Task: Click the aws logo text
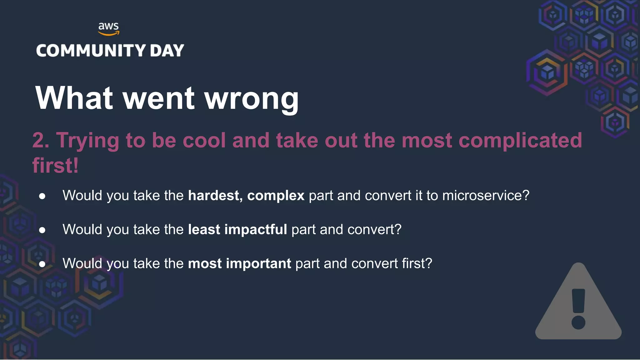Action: [x=108, y=26]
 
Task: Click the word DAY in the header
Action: [x=167, y=51]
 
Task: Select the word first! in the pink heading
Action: [x=55, y=165]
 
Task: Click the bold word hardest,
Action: [x=215, y=196]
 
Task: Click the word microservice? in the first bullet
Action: [x=486, y=196]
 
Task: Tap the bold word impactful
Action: [x=255, y=230]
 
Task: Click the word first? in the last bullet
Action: [x=417, y=263]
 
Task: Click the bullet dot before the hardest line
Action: [x=42, y=197]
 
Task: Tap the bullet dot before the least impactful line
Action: [x=42, y=231]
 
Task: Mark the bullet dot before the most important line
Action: [x=42, y=264]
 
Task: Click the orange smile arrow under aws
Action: [x=109, y=33]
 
